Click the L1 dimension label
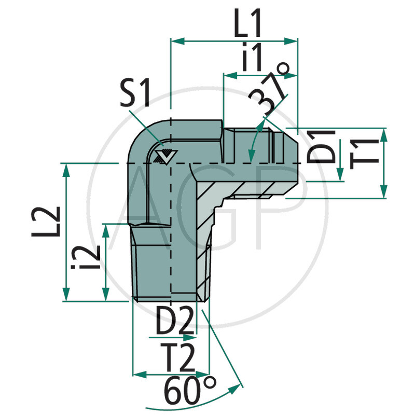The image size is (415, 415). pyautogui.click(x=248, y=24)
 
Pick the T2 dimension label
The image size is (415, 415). pyautogui.click(x=177, y=357)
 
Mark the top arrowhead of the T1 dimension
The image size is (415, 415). pyautogui.click(x=383, y=133)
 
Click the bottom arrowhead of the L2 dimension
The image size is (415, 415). pyautogui.click(x=66, y=296)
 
